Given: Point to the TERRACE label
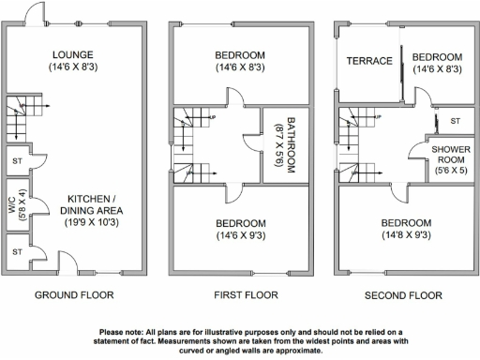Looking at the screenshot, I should (369, 61).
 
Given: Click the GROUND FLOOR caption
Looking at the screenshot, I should (74, 294).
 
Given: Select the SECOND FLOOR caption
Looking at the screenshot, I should (403, 294).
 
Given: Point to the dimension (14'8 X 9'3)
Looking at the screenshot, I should (406, 236).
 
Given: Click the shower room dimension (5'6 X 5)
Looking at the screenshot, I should (450, 172).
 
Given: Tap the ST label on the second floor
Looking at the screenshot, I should (455, 122).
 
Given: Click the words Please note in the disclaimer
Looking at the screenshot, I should (124, 330).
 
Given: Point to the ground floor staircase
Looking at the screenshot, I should (17, 116).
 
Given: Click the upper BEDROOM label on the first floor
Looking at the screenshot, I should (240, 53).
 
